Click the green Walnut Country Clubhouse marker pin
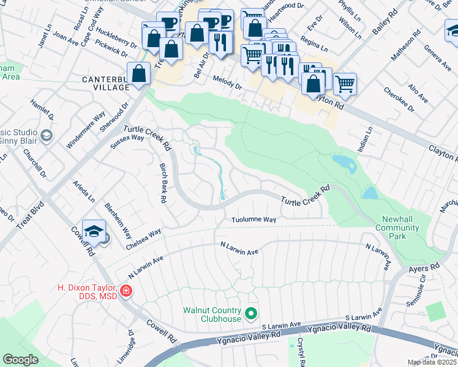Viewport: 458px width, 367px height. pyautogui.click(x=250, y=314)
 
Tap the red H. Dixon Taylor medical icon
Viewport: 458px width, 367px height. pyautogui.click(x=126, y=291)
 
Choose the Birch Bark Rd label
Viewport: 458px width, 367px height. pyautogui.click(x=163, y=183)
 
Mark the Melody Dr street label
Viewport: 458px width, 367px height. pyautogui.click(x=228, y=82)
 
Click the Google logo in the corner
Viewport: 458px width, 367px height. pyautogui.click(x=20, y=360)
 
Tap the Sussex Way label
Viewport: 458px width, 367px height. pyautogui.click(x=127, y=142)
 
